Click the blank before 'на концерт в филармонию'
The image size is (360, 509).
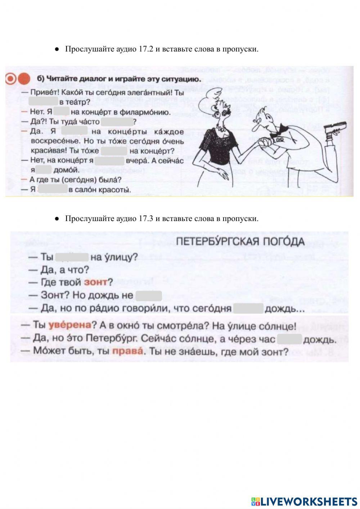[x=62, y=112]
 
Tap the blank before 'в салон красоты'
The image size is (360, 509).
[x=53, y=189]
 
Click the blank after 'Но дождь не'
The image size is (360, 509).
[x=149, y=296]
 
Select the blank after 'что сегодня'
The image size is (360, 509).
[x=248, y=308]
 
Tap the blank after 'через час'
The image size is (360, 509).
[x=289, y=339]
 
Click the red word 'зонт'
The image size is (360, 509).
[x=95, y=282]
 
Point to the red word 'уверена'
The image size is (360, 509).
[x=70, y=326]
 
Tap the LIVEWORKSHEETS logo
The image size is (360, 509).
[x=304, y=501]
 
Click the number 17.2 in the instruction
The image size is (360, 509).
[x=146, y=49]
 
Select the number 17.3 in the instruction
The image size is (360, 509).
[x=146, y=219]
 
